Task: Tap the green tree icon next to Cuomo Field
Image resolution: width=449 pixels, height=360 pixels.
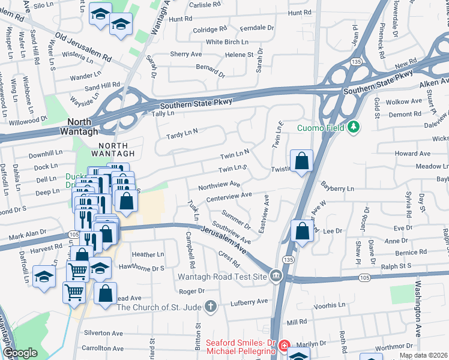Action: click(354, 127)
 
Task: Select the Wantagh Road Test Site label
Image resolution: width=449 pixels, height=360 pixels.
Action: click(223, 277)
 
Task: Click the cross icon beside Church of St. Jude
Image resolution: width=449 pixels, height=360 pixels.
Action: click(211, 307)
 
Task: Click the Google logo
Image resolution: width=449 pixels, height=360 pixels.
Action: click(20, 353)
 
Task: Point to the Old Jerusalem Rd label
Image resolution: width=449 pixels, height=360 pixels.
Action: click(83, 44)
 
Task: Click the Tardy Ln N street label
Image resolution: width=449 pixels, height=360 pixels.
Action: click(182, 131)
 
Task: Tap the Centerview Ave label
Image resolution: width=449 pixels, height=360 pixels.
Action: click(229, 196)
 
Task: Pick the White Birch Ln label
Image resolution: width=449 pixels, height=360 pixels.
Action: click(227, 42)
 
